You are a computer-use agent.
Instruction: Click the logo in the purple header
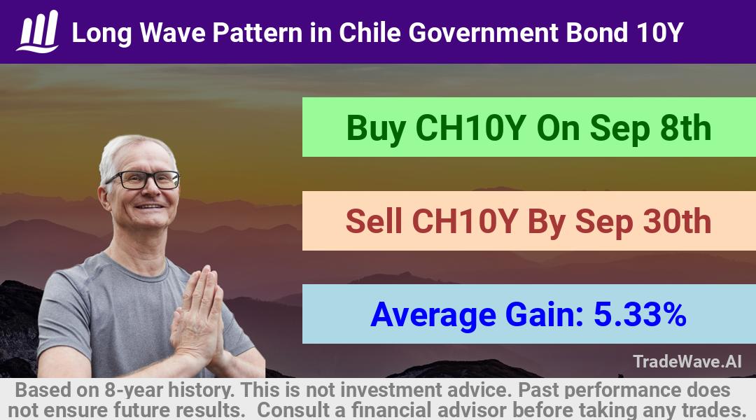coord(38,31)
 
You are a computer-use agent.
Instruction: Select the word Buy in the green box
coord(376,129)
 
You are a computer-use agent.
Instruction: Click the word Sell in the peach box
coord(374,221)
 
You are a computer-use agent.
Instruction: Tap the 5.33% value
coord(640,314)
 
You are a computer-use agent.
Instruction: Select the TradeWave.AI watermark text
coord(687,361)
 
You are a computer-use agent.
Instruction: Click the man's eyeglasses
coord(143,180)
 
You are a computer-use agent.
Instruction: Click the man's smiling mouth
coord(149,206)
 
